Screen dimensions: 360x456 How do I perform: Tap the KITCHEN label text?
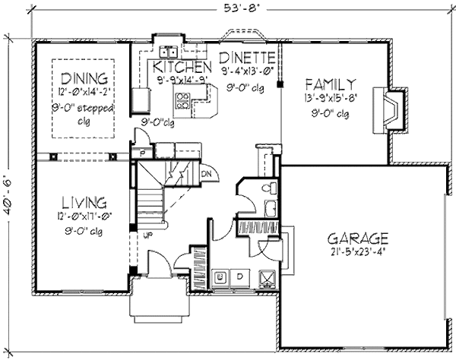click(176, 66)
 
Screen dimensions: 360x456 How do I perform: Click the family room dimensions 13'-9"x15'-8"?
click(330, 98)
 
